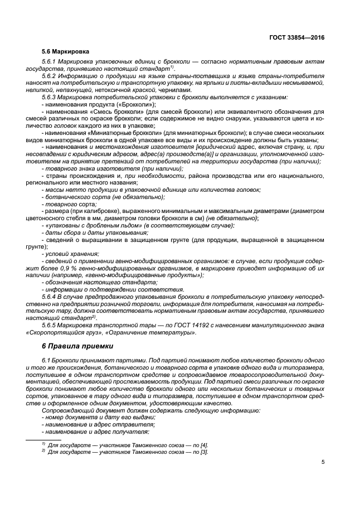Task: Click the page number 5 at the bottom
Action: [323, 462]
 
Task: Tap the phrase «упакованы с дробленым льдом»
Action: [86, 225]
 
